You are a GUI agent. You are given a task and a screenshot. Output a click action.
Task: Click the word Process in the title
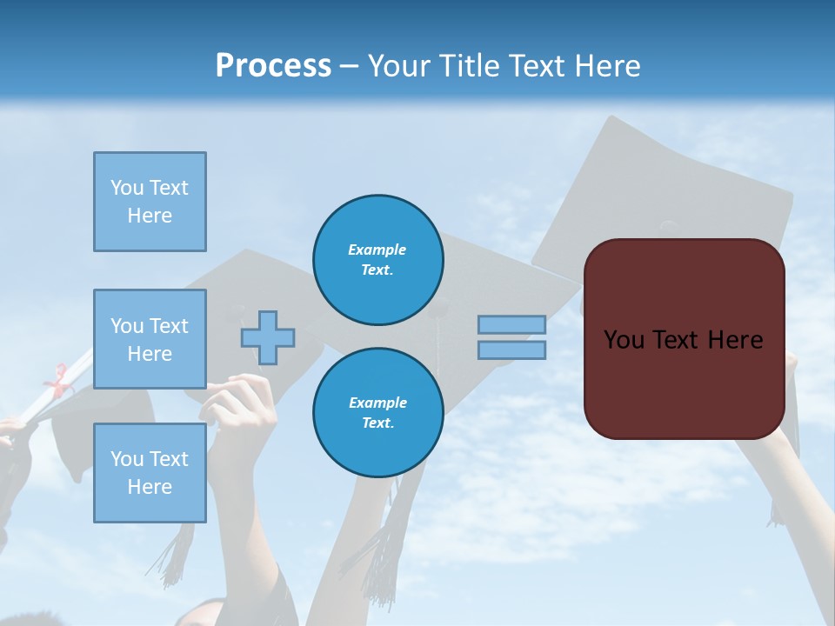273,66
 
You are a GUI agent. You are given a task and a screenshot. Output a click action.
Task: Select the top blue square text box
150,202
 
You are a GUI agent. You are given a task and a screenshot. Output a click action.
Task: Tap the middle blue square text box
150,339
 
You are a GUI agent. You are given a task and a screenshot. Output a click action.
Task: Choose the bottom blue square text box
150,473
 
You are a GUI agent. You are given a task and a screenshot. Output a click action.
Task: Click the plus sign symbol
268,337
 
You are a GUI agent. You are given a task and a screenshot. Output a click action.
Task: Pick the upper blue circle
377,260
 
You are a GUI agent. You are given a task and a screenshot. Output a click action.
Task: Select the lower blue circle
377,413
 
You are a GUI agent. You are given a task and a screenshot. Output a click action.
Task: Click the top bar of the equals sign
511,324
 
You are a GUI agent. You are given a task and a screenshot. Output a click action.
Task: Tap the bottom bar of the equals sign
511,350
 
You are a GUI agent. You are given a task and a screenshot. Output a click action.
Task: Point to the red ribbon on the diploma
58,381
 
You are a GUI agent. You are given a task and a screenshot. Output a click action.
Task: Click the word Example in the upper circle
377,250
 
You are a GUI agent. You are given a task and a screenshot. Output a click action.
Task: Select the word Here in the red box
732,340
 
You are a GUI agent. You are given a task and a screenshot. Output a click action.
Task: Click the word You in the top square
127,188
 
